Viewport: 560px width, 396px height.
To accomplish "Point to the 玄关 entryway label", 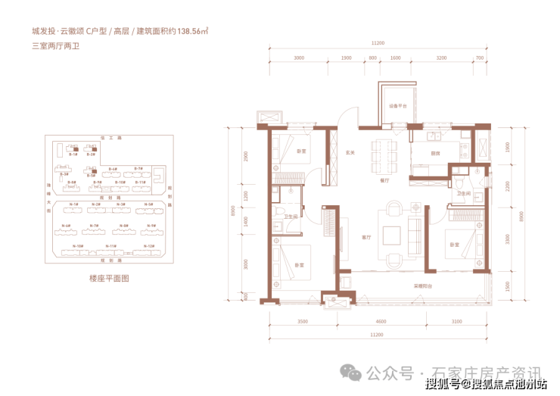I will point(351,152).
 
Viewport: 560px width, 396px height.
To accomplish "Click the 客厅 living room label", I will point(366,237).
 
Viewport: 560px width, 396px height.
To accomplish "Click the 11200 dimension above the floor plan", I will point(379,43).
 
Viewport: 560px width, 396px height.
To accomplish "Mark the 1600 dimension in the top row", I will point(395,58).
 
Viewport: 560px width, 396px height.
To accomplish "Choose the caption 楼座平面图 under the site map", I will point(110,279).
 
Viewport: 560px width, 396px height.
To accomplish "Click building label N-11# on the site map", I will point(110,246).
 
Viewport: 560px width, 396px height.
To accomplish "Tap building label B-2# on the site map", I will point(91,153).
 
